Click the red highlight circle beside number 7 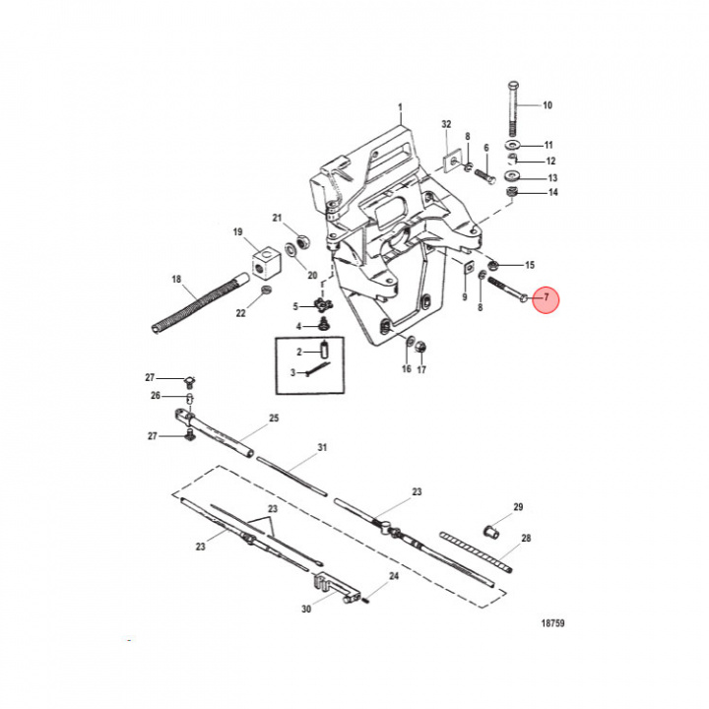point(546,299)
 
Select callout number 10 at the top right point(548,104)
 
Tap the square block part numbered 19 point(264,263)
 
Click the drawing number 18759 point(552,623)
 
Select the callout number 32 point(446,124)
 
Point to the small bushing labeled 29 point(495,531)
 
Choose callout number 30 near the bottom point(305,610)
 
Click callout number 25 point(274,418)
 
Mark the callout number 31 point(321,448)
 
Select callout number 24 point(393,576)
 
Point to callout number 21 point(277,218)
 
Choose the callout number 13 point(552,178)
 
